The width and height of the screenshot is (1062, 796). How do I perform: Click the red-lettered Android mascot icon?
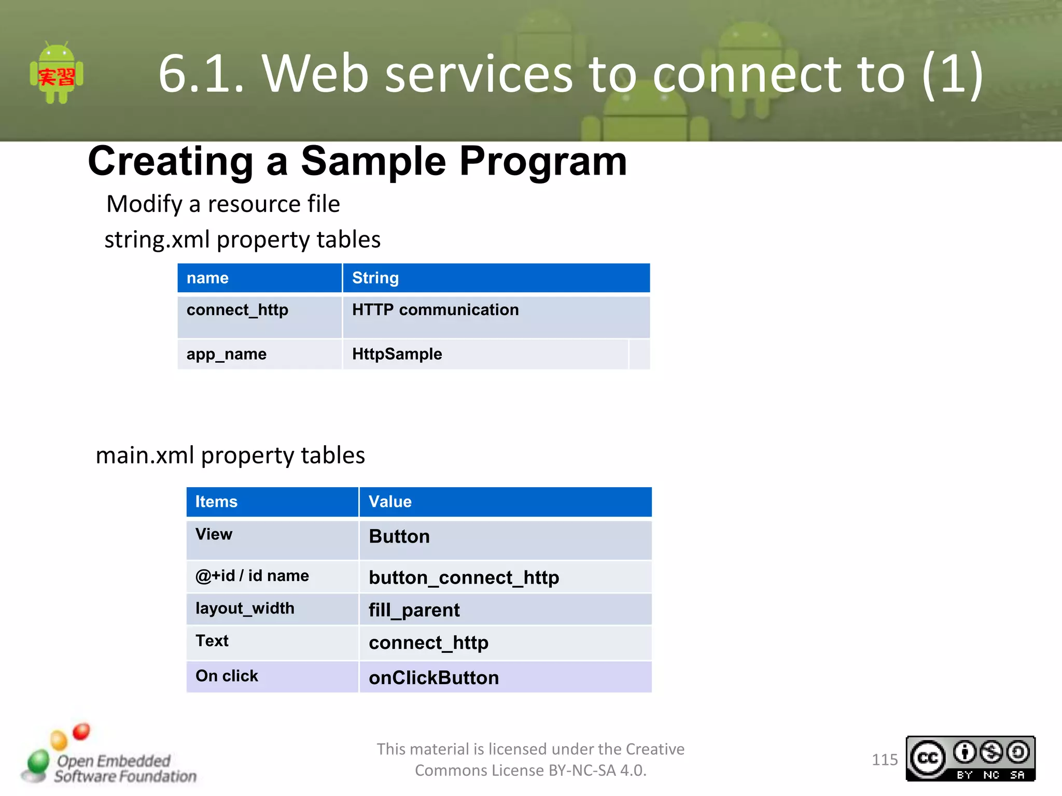tap(57, 73)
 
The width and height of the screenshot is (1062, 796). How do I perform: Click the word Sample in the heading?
tap(373, 161)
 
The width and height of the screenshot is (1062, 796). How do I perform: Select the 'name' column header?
tap(207, 278)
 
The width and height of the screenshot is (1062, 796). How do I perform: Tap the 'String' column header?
tap(375, 278)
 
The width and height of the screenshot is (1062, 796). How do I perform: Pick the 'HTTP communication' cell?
tap(435, 310)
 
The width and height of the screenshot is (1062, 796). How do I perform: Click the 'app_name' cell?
tap(227, 354)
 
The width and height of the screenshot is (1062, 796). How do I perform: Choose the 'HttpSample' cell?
tap(397, 354)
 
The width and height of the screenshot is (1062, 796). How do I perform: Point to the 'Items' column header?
tap(216, 502)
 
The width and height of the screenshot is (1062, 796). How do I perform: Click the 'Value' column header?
tap(390, 502)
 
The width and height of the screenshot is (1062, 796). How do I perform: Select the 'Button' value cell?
tap(399, 536)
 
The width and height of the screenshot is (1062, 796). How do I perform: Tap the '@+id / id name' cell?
tap(252, 576)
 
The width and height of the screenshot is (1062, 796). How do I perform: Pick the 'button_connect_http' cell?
tap(464, 577)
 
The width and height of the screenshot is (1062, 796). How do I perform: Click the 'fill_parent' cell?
tap(414, 610)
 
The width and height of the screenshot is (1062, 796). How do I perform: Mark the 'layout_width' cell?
tap(245, 608)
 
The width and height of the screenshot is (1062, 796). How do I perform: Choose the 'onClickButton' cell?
tap(434, 678)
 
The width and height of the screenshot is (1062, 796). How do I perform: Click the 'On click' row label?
tap(227, 676)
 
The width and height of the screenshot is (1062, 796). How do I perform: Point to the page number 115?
tap(884, 760)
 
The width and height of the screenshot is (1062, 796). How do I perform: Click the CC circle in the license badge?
tap(928, 759)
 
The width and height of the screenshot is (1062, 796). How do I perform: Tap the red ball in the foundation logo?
tap(81, 732)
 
